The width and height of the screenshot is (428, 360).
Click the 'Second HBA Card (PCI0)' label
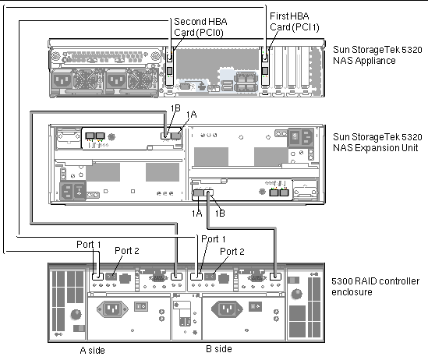[x=200, y=27]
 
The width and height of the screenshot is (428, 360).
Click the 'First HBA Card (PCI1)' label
[x=295, y=22]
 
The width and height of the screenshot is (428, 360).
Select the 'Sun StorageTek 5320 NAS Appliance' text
[x=377, y=55]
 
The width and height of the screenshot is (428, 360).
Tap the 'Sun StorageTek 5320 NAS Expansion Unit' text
[x=377, y=142]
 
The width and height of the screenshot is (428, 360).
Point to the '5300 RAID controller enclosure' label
[x=375, y=287]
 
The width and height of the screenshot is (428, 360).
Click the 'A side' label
[x=92, y=350]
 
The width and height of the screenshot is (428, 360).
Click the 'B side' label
[x=219, y=349]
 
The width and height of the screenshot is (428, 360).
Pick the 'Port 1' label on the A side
[x=89, y=245]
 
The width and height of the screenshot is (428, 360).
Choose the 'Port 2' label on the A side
[x=127, y=250]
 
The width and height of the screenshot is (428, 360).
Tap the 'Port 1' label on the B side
[x=214, y=239]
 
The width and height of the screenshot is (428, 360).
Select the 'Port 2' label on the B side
[x=232, y=252]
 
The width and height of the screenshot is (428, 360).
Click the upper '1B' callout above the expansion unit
[x=175, y=108]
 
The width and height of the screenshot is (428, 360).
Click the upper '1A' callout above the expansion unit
[x=191, y=115]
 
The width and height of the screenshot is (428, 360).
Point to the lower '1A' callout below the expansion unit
[x=196, y=214]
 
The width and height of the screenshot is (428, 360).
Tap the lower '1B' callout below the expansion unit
[x=220, y=214]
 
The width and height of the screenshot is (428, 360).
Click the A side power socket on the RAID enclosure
[x=112, y=309]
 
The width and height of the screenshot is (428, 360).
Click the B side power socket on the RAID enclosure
[x=227, y=309]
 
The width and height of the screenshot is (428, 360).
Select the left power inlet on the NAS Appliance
[x=62, y=81]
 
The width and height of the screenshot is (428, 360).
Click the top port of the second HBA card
[x=169, y=58]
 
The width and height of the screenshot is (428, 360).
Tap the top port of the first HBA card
[x=265, y=58]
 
